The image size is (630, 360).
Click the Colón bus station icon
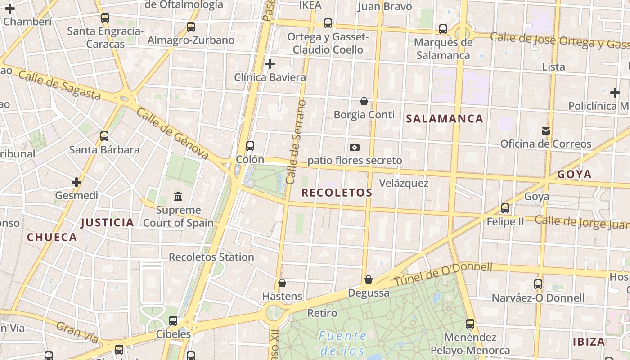250,146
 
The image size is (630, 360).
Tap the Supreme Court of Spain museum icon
178,197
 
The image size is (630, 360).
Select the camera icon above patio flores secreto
355,148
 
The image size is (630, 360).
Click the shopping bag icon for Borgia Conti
364,102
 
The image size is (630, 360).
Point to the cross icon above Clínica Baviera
270,64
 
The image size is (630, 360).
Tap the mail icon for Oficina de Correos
546,131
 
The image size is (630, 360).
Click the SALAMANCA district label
445,119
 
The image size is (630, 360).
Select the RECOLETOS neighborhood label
337,193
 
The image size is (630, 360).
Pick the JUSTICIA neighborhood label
108,222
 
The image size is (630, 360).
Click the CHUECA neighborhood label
52,238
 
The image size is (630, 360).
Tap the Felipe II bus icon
505,208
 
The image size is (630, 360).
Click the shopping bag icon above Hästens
282,283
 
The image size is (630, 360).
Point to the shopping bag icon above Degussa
369,280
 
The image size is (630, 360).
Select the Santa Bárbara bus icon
104,136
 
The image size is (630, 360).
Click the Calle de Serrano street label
296,142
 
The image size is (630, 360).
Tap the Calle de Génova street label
172,134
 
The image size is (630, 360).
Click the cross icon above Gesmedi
76,182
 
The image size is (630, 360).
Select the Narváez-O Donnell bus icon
538,284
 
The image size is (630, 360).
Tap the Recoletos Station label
211,257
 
